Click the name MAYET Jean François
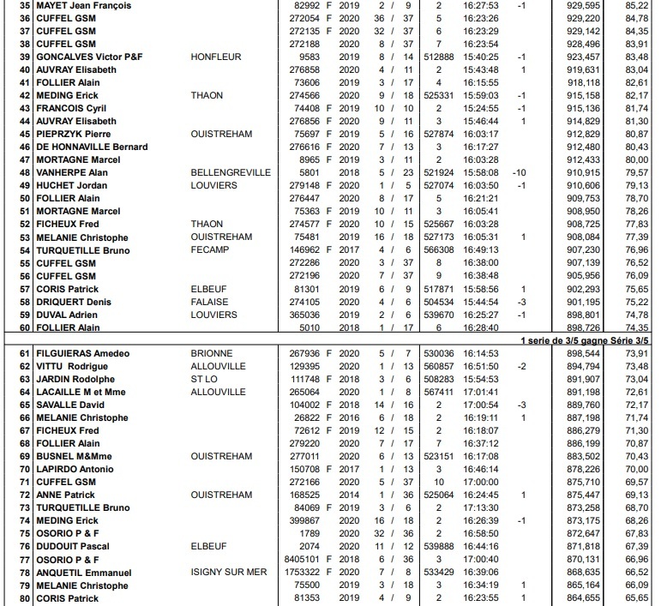[x=83, y=5]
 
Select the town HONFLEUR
[x=215, y=57]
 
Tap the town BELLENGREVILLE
[x=229, y=172]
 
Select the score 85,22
[x=635, y=5]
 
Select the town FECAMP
[x=209, y=249]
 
